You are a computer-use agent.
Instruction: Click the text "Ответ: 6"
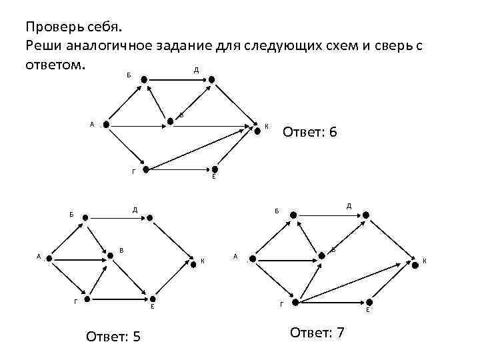309,132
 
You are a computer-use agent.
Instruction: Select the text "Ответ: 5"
113,335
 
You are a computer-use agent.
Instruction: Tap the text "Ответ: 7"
317,332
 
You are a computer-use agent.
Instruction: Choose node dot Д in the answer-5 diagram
151,217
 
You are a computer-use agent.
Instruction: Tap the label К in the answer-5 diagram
203,261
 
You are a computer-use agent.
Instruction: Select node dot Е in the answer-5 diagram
153,299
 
